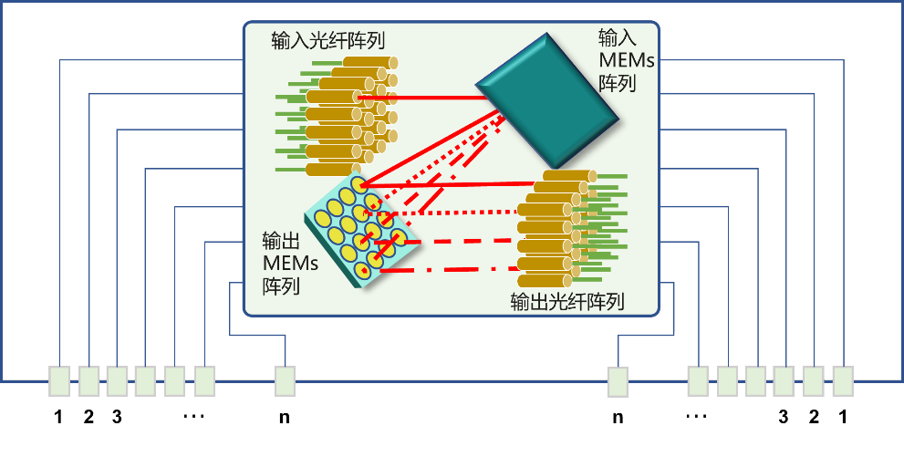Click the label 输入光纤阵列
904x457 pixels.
coord(328,41)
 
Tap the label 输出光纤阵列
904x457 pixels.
coord(568,302)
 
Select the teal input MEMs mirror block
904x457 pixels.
coord(546,98)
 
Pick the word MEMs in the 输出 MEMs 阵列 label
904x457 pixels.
coord(291,263)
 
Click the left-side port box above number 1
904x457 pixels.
coord(58,381)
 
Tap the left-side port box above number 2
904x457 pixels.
coord(88,381)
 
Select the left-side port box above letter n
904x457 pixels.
coord(285,381)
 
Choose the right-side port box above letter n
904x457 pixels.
coord(618,381)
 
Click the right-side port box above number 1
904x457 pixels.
coord(843,381)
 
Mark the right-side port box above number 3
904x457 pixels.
coord(784,381)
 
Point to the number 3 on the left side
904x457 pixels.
coord(117,417)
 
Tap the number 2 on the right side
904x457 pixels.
coord(814,417)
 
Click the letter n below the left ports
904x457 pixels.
coord(285,418)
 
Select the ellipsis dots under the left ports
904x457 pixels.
coord(193,416)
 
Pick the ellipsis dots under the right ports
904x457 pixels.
coord(697,416)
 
